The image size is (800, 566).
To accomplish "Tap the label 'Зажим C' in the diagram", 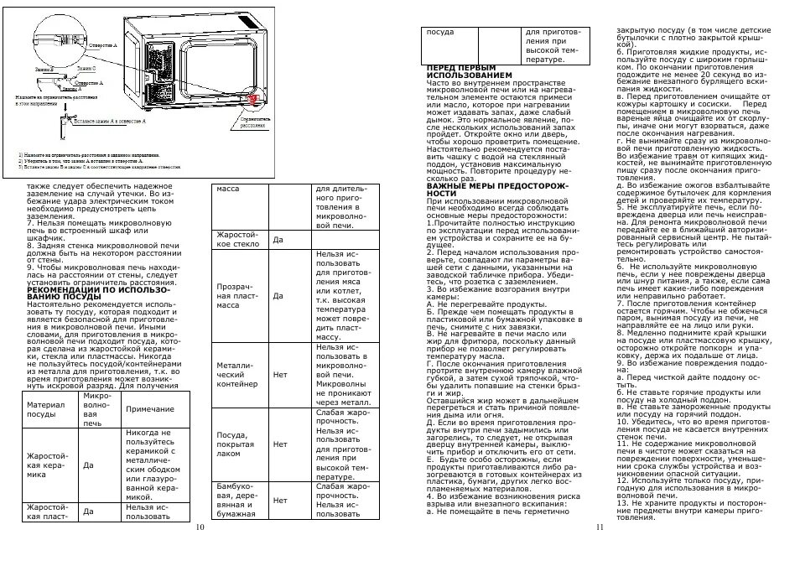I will tap(86, 68).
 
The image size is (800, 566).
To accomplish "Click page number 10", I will tap(200, 527).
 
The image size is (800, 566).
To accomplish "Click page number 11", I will tap(600, 527).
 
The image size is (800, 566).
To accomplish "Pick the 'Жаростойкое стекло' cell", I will tap(237, 239).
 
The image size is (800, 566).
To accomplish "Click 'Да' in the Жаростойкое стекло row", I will tap(278, 240).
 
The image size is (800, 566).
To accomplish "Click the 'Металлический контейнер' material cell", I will tap(237, 374).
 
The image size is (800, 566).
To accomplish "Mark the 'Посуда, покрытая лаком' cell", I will tap(237, 444).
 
